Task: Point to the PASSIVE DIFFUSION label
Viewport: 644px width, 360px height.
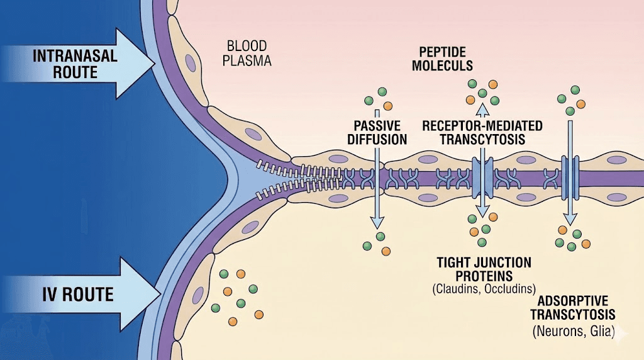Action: click(377, 132)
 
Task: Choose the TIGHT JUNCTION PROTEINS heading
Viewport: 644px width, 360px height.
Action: click(483, 269)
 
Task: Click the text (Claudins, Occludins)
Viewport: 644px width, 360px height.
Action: click(483, 290)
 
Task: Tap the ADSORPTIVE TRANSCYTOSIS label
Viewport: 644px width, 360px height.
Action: click(572, 308)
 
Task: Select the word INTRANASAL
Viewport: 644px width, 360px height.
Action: click(75, 55)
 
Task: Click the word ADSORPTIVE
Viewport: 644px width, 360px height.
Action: click(572, 301)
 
